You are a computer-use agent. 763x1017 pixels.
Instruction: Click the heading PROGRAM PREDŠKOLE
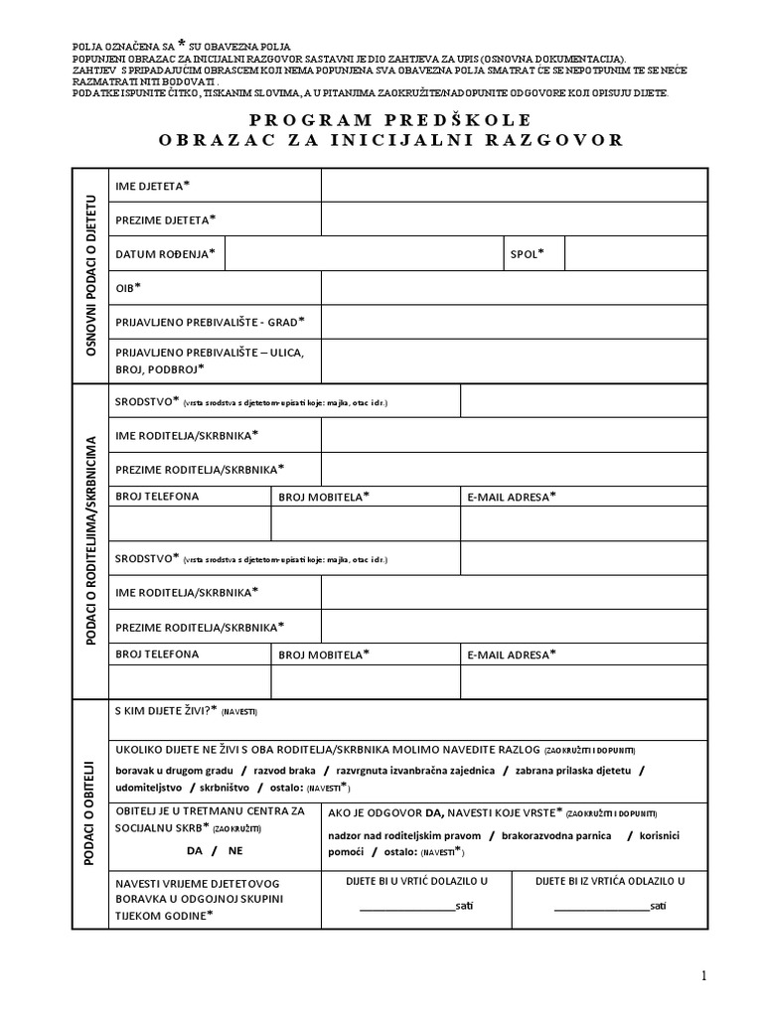(x=390, y=119)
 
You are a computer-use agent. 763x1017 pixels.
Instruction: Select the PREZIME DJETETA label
(x=166, y=219)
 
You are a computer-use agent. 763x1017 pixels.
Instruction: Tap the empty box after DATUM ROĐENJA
(x=364, y=253)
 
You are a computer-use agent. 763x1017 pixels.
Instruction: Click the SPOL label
(x=528, y=253)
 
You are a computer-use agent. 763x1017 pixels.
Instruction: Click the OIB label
(x=128, y=287)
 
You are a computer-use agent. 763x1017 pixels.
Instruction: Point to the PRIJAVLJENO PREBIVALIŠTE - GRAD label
(x=210, y=321)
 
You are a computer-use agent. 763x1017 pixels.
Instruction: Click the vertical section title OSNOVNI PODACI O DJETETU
(x=91, y=276)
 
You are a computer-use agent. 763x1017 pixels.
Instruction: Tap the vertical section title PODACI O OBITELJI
(x=91, y=813)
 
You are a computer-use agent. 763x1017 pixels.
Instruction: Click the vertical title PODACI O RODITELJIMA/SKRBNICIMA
(x=91, y=540)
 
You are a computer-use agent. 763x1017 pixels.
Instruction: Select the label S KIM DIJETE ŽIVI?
(x=166, y=710)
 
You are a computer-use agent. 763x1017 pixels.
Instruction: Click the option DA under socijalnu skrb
(x=195, y=851)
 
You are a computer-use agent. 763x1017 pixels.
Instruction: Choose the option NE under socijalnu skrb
(x=235, y=851)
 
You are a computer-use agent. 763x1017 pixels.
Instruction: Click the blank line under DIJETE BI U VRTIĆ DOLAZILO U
(x=406, y=907)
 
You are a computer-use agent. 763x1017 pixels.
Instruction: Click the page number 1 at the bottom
(x=704, y=976)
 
